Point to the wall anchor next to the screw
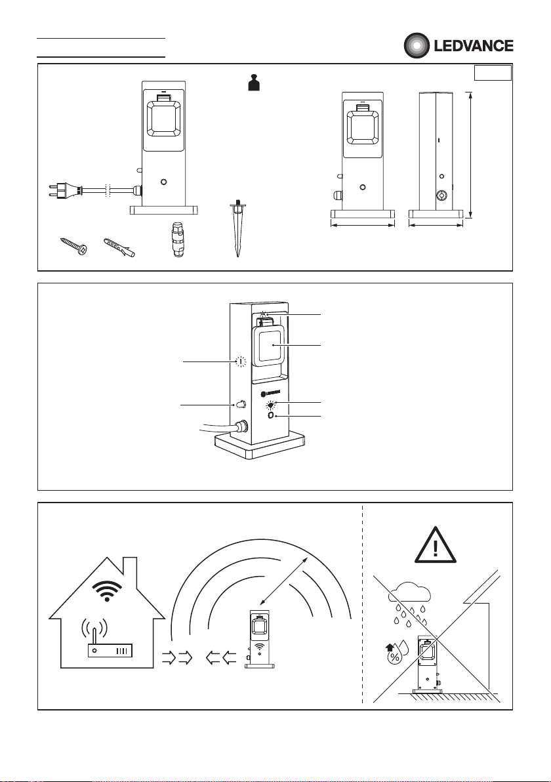click(x=119, y=248)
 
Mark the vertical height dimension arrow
click(x=471, y=155)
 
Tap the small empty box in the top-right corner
click(x=493, y=73)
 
